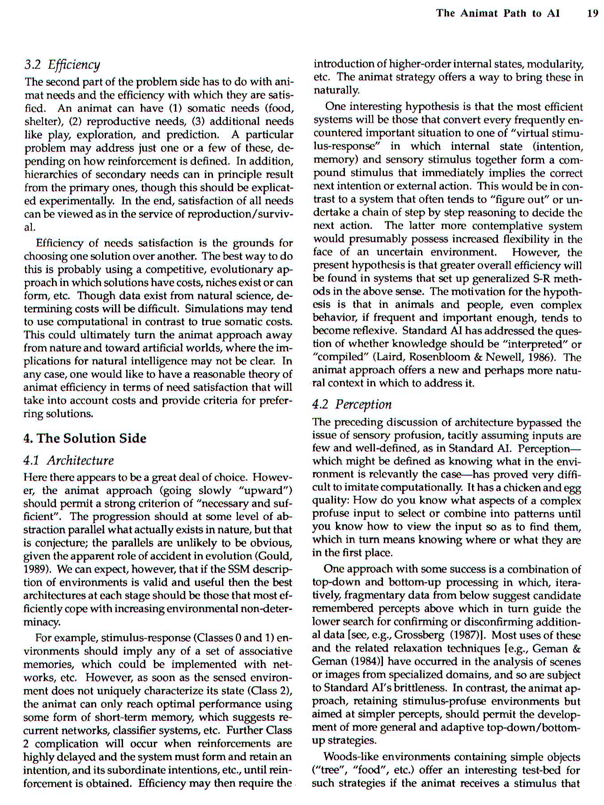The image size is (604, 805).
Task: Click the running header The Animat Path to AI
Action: (x=498, y=13)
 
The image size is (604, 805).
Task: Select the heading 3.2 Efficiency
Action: (x=62, y=65)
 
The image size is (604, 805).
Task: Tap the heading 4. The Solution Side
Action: (x=85, y=438)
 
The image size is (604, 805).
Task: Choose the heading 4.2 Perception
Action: (x=352, y=404)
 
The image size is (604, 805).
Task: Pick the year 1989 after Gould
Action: (x=35, y=569)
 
